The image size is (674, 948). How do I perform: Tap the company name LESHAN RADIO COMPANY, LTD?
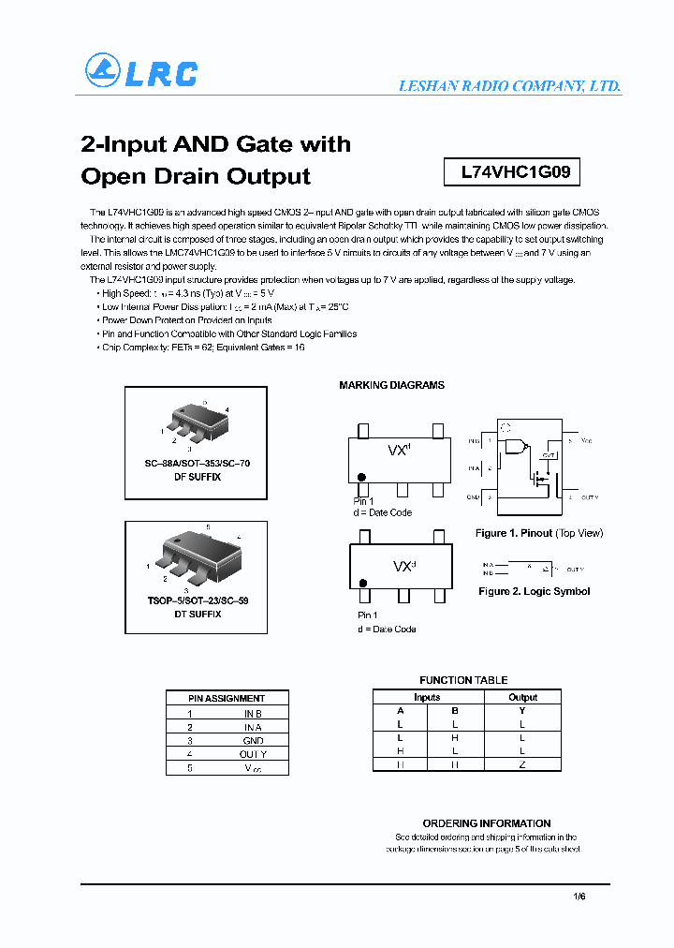click(509, 85)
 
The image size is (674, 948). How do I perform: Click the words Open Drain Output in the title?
click(196, 176)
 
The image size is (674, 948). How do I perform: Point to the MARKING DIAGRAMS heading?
click(391, 385)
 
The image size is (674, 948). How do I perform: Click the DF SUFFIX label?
click(197, 477)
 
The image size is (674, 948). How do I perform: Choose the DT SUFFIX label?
click(197, 614)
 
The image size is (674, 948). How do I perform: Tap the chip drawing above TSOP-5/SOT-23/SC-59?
click(198, 559)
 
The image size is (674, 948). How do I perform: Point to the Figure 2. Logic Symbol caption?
click(534, 591)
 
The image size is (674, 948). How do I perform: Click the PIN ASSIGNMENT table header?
click(227, 698)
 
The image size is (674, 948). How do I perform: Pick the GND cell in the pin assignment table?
click(253, 740)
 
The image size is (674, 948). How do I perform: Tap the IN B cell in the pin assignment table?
click(253, 713)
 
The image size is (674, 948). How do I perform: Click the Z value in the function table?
click(522, 764)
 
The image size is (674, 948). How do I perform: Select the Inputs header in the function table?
click(427, 697)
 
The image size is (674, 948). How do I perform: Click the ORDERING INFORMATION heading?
click(486, 823)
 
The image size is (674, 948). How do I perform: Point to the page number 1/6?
click(579, 896)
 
